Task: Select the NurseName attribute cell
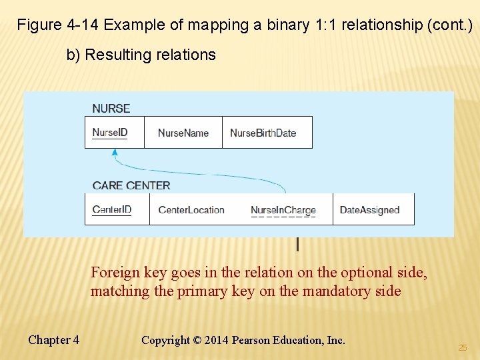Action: [183, 133]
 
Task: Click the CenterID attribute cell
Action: [112, 209]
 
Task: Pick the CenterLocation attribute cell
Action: [191, 210]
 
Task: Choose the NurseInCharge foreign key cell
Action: [283, 210]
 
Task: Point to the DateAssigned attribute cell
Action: [369, 210]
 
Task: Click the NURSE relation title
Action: [111, 108]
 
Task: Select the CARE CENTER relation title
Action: [131, 185]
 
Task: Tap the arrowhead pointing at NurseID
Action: [115, 153]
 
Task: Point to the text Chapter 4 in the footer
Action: [53, 340]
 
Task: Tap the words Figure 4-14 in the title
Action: [58, 25]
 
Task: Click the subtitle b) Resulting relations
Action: [141, 55]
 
